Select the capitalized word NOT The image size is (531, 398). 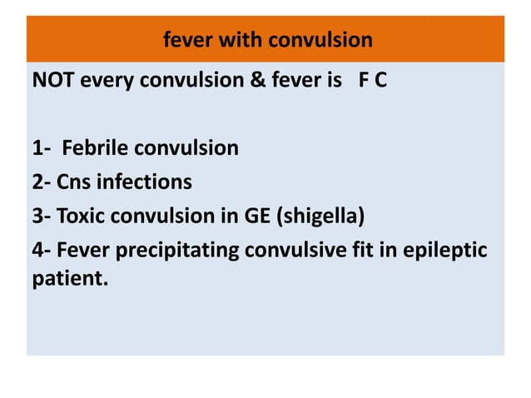52,84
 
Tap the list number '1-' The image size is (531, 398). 42,149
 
